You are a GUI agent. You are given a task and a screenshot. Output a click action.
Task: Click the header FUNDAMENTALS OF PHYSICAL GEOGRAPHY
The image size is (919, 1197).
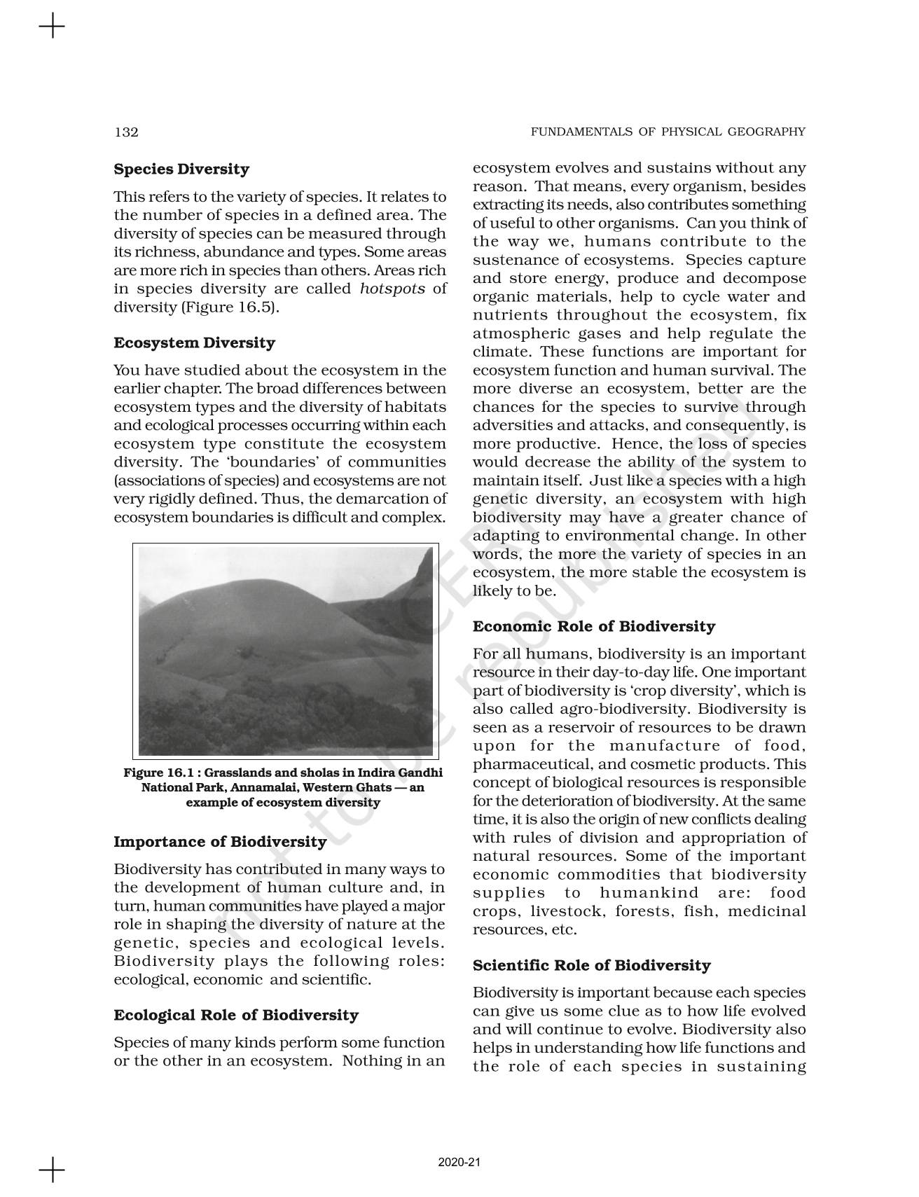pyautogui.click(x=668, y=132)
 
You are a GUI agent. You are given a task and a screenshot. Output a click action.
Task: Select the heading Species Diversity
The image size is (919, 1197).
pyautogui.click(x=181, y=169)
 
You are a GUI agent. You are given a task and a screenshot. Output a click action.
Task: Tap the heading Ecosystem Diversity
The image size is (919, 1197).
pyautogui.click(x=194, y=343)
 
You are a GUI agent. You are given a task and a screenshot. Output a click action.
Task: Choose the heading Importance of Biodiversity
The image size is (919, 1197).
pyautogui.click(x=220, y=842)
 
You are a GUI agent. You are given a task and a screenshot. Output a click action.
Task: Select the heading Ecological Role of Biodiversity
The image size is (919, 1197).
pyautogui.click(x=235, y=1016)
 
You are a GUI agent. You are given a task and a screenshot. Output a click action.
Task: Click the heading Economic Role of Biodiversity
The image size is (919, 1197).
pyautogui.click(x=593, y=627)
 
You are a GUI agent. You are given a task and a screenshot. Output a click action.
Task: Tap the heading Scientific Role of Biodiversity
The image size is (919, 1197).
pyautogui.click(x=591, y=966)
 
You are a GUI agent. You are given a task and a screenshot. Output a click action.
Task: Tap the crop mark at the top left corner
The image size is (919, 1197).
pyautogui.click(x=51, y=27)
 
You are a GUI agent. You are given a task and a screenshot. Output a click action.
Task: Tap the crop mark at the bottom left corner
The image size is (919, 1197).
pyautogui.click(x=51, y=1170)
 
